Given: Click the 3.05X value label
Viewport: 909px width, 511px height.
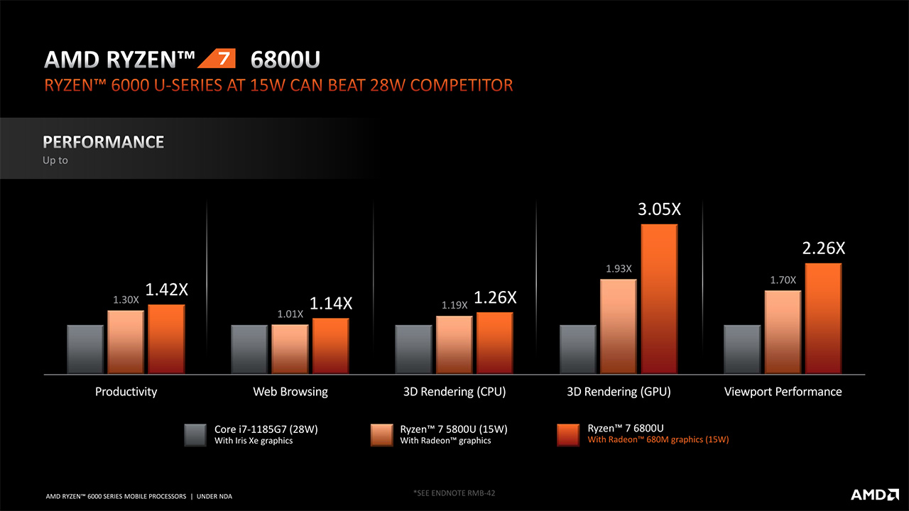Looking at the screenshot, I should click(x=660, y=209).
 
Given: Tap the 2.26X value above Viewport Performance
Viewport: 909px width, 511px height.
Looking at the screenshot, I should click(x=824, y=248).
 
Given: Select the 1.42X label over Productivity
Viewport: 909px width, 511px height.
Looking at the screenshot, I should click(x=166, y=290).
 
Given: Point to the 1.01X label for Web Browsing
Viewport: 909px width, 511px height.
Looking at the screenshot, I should click(x=290, y=313).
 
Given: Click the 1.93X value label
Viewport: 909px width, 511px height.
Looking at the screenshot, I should click(x=619, y=268).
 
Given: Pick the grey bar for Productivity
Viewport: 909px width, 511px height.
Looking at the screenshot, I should click(x=86, y=348).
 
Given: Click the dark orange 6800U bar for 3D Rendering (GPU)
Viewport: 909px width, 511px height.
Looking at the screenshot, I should click(x=660, y=299).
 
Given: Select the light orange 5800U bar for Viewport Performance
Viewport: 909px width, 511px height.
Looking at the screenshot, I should click(x=783, y=331).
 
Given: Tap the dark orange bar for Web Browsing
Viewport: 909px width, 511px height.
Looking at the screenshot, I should click(x=331, y=346).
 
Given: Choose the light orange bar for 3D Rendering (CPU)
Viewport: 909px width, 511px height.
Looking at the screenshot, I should click(x=454, y=344).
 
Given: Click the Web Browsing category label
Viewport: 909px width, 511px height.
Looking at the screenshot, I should click(x=290, y=392).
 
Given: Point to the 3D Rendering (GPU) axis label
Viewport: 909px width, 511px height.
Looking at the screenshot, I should click(x=619, y=392).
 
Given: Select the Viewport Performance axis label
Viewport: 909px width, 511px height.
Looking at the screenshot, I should click(x=783, y=392).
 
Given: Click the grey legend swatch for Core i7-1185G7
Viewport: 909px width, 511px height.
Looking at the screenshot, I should click(x=195, y=434).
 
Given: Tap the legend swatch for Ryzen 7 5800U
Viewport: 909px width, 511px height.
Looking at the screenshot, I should click(x=382, y=434).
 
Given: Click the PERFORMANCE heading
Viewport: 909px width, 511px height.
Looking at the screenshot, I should click(x=104, y=142).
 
